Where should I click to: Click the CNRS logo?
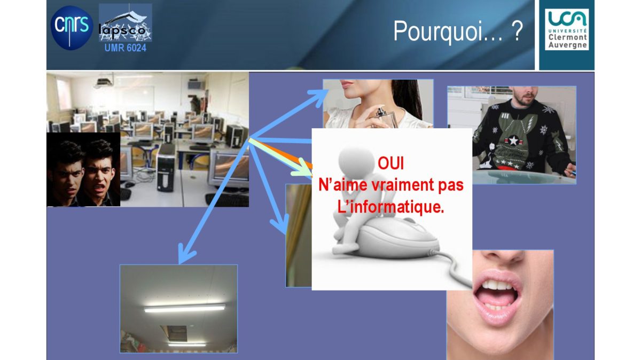[72, 28]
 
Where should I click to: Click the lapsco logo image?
[126, 22]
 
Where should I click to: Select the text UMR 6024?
[126, 48]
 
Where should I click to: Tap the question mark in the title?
[517, 30]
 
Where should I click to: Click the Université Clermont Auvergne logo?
[567, 29]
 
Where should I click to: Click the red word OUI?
[390, 163]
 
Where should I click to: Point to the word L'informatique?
[390, 207]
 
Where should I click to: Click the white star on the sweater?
[513, 141]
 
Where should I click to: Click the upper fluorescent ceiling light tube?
[185, 308]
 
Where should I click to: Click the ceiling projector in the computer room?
[104, 82]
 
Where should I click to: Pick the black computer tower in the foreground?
[166, 167]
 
